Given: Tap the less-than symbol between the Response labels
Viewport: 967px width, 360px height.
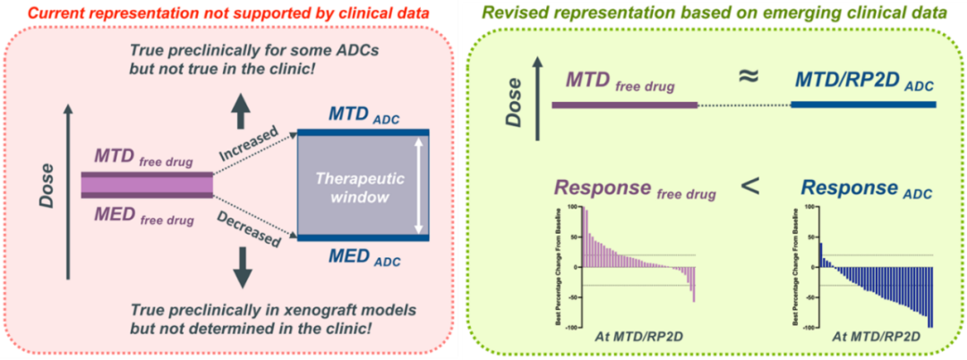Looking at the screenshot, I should pyautogui.click(x=750, y=185).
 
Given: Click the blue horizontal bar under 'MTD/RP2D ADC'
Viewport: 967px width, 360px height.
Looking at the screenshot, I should pyautogui.click(x=864, y=105).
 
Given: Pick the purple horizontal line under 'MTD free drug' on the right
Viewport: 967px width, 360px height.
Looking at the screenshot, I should pyautogui.click(x=624, y=105).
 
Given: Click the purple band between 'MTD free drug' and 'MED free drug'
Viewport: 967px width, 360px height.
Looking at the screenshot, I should pyautogui.click(x=147, y=184).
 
